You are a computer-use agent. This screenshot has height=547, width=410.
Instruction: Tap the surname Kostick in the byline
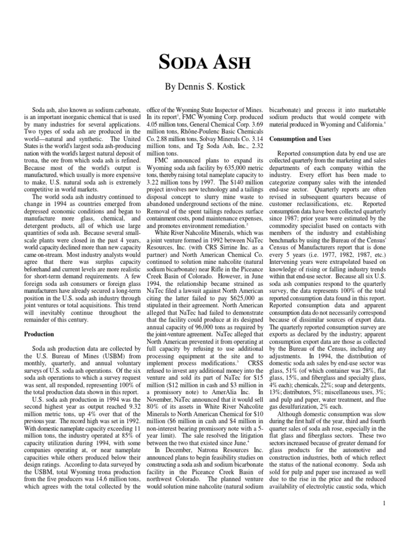point(235,85)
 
